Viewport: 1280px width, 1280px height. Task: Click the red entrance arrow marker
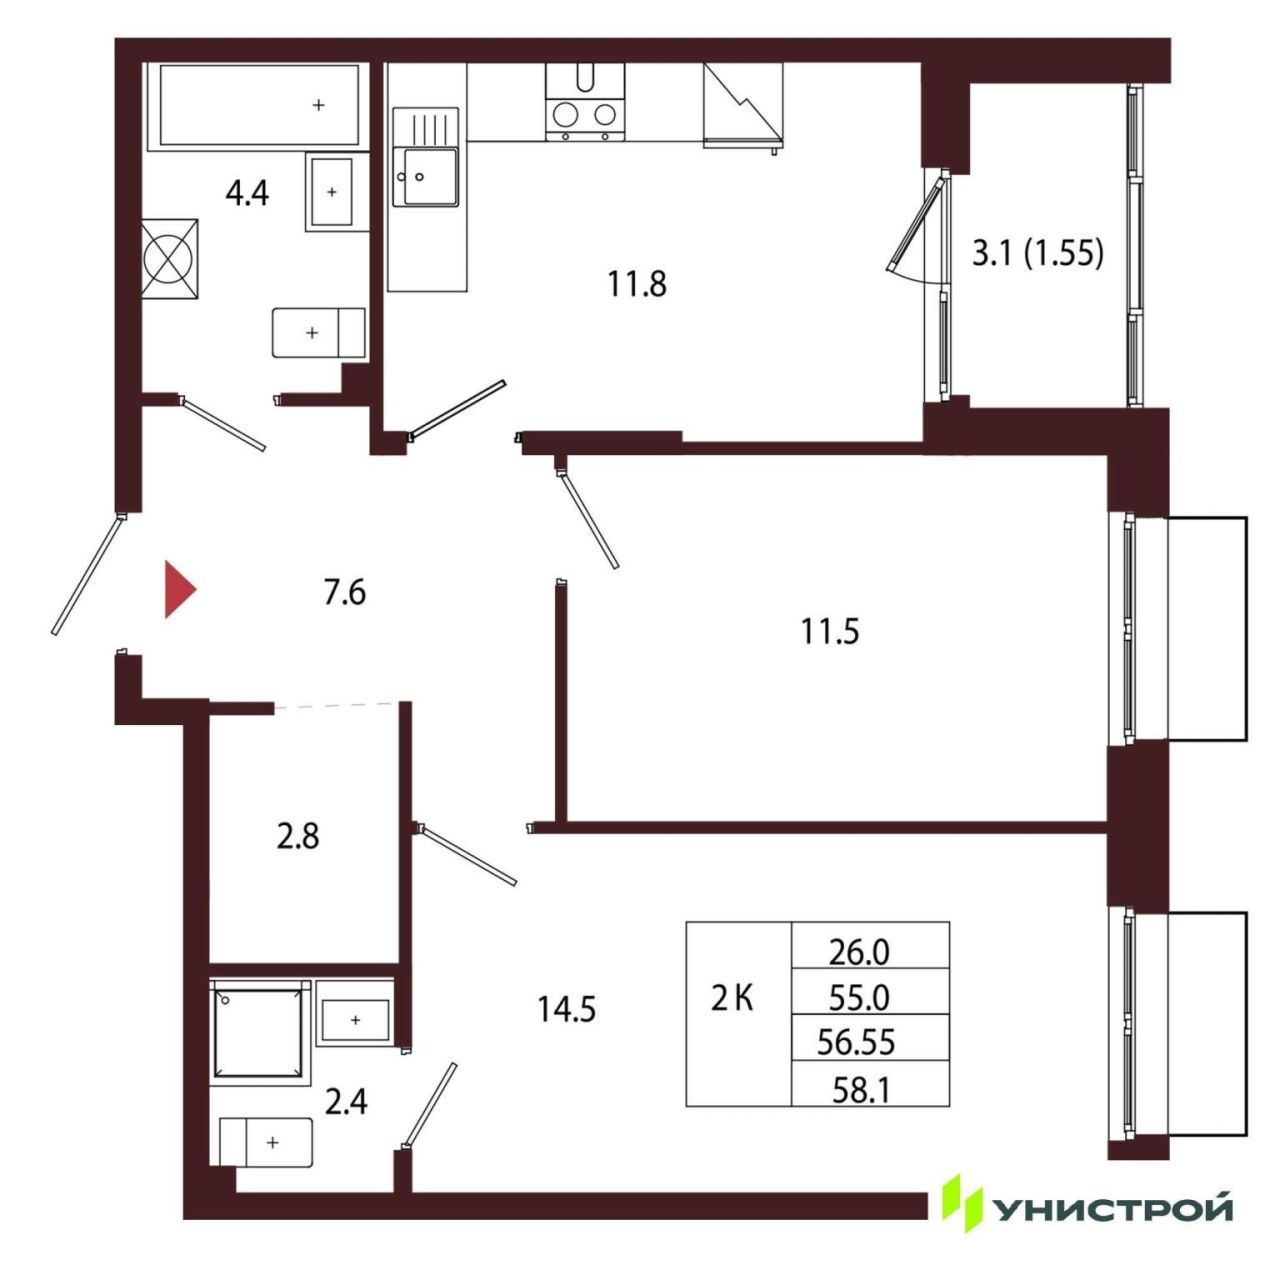click(179, 590)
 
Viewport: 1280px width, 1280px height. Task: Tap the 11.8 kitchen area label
click(636, 284)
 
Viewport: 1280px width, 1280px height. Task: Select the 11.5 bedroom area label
click(830, 631)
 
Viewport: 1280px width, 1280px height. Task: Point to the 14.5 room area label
click(567, 1009)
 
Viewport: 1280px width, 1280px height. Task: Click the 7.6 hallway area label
click(345, 592)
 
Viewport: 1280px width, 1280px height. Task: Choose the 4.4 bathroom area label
click(247, 194)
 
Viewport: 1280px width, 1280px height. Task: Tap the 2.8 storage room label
click(298, 836)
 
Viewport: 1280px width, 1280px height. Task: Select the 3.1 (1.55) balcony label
click(1038, 253)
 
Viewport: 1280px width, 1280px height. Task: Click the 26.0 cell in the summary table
click(859, 953)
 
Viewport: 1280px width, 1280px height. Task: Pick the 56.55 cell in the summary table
click(856, 1042)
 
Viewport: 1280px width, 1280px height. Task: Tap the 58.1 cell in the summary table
click(860, 1090)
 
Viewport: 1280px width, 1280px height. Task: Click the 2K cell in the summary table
click(732, 998)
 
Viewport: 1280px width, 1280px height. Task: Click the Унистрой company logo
click(1088, 1210)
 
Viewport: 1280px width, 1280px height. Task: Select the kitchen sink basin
click(425, 176)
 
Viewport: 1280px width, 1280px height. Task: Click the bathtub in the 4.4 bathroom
click(252, 105)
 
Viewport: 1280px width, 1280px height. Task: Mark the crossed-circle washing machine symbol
click(170, 260)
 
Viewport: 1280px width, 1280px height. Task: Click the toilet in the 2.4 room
click(266, 1142)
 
